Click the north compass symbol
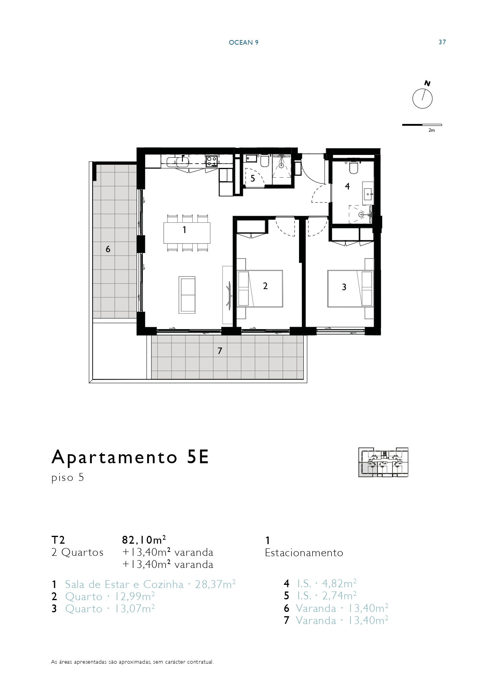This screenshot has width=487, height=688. [x=422, y=98]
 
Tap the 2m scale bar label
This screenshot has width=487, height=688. [x=431, y=130]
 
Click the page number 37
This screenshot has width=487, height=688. [x=442, y=42]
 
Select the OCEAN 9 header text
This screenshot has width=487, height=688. [x=243, y=42]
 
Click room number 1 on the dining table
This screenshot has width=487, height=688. [x=184, y=230]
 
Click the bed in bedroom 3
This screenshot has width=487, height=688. [x=350, y=288]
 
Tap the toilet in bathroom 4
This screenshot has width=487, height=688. [x=354, y=167]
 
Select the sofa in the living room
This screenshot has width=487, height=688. [x=187, y=295]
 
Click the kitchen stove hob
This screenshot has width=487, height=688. [x=212, y=161]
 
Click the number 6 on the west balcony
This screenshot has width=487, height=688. [x=108, y=249]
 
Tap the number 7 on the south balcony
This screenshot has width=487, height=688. [x=220, y=351]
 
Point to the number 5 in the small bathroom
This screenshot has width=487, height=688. [x=253, y=178]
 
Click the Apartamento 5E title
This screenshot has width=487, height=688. [x=130, y=457]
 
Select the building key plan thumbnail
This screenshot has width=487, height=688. [x=383, y=462]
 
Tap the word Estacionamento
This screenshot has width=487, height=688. [x=304, y=553]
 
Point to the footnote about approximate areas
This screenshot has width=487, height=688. [x=133, y=662]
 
